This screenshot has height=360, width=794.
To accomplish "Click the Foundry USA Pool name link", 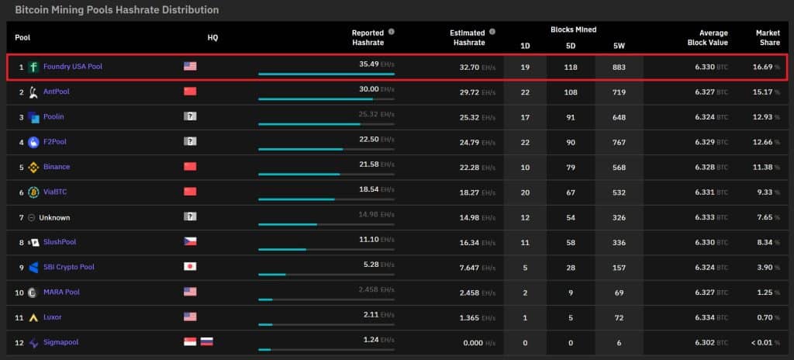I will click(x=72, y=67).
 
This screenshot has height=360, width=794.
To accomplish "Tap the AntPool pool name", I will click(x=57, y=92).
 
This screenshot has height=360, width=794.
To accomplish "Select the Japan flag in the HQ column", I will click(x=190, y=267).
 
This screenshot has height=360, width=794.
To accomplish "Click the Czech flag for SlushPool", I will click(x=190, y=242).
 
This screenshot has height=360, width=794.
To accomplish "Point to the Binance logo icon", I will click(x=33, y=167).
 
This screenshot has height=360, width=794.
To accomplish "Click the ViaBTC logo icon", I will click(x=33, y=192).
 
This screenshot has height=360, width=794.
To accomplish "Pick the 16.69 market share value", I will click(x=763, y=67).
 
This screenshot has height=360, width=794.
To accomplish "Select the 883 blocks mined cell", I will click(x=618, y=67).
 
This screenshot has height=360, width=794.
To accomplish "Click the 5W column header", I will click(x=618, y=46).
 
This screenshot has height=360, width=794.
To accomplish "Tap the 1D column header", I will click(x=525, y=46).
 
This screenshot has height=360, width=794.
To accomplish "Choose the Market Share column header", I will click(x=768, y=37).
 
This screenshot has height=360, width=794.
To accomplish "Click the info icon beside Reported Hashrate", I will click(x=391, y=32).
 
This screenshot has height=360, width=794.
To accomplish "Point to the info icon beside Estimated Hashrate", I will click(x=492, y=32).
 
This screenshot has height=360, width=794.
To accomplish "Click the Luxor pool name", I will click(x=53, y=317).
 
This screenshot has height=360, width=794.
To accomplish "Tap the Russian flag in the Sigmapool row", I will click(x=206, y=342).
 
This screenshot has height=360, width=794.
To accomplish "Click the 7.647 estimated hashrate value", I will click(x=467, y=267).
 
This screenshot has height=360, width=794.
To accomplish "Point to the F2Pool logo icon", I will click(x=33, y=142).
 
